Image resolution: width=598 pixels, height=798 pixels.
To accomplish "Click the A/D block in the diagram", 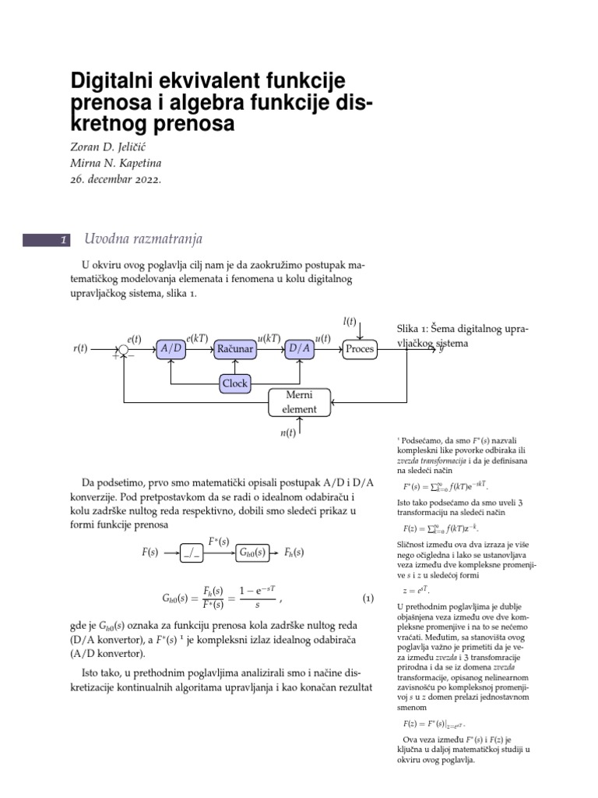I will pyautogui.click(x=171, y=350).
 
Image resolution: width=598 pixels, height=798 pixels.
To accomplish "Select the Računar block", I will pyautogui.click(x=235, y=350).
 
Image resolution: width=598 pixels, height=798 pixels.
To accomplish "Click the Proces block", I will pyautogui.click(x=360, y=350).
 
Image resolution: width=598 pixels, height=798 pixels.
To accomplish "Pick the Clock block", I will pyautogui.click(x=235, y=383).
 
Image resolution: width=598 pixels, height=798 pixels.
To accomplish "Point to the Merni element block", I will pyautogui.click(x=300, y=402).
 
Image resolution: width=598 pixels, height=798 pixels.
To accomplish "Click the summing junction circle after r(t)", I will pyautogui.click(x=124, y=350).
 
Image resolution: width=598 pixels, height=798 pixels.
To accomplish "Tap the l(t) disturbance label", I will pyautogui.click(x=350, y=321).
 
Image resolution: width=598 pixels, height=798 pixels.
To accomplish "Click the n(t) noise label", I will pyautogui.click(x=289, y=433).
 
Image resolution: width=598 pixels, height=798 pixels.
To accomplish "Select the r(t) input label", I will pyautogui.click(x=80, y=350).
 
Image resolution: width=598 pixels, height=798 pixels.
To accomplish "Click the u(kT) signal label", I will pyautogui.click(x=269, y=337).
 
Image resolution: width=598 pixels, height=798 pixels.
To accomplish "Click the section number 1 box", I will pyautogui.click(x=47, y=240).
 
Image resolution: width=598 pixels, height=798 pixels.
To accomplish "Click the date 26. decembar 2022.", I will pyautogui.click(x=116, y=179).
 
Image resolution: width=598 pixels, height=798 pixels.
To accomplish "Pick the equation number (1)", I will pyautogui.click(x=368, y=599).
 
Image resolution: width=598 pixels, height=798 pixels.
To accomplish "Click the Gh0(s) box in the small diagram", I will pyautogui.click(x=256, y=553).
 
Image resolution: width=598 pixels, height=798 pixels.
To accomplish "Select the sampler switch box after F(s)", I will pyautogui.click(x=191, y=553).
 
